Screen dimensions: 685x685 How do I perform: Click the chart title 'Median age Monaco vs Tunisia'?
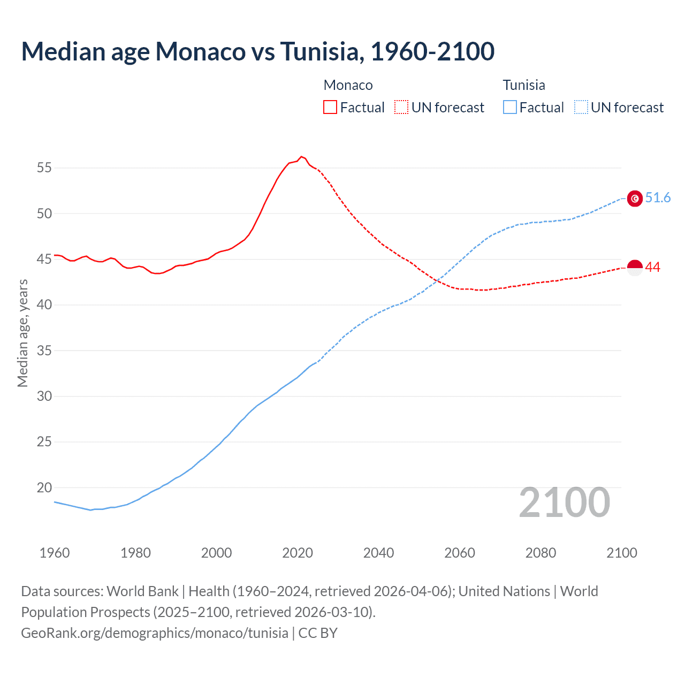click(257, 52)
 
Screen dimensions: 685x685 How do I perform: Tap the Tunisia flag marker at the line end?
click(635, 199)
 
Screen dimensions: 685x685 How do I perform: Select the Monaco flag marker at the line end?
click(635, 267)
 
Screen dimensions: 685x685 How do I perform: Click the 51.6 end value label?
click(658, 198)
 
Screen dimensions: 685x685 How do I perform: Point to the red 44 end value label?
click(653, 267)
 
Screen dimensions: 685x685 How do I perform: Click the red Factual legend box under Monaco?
click(330, 108)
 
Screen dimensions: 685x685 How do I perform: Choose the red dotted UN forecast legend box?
click(401, 108)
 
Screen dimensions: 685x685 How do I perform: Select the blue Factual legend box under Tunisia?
click(510, 108)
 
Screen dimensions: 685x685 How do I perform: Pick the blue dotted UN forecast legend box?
click(581, 108)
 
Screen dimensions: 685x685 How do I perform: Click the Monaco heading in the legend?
click(348, 85)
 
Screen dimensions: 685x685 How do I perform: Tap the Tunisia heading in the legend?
click(524, 85)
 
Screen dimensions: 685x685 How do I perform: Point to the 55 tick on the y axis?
click(44, 168)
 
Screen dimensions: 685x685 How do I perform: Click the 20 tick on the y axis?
click(44, 488)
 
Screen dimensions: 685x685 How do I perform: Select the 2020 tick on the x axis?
click(298, 553)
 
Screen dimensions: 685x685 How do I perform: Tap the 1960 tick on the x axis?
click(55, 553)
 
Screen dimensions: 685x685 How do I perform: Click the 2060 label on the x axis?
click(460, 553)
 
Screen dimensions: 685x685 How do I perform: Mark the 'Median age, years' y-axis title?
click(22, 333)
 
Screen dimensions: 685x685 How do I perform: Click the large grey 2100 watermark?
click(564, 502)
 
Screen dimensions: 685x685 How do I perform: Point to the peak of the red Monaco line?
click(301, 156)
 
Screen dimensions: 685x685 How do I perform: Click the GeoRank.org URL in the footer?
click(155, 633)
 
